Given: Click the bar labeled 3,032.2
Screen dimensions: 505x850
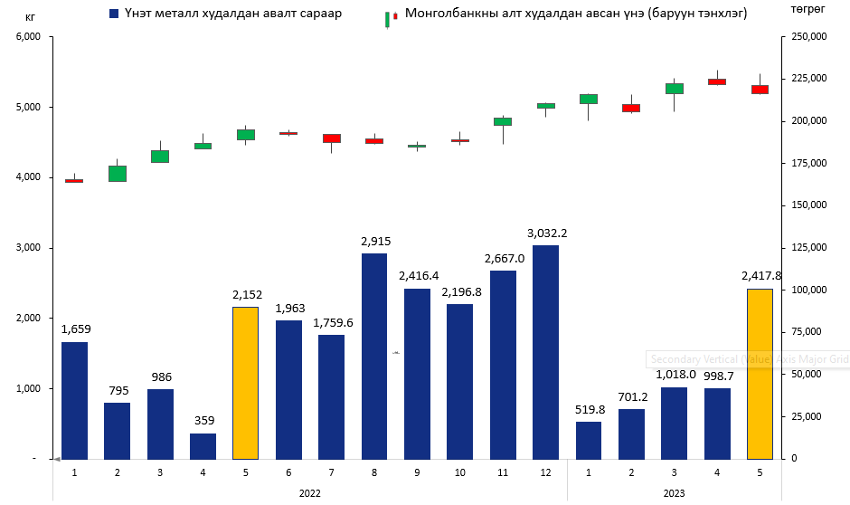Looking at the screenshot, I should click(545, 352).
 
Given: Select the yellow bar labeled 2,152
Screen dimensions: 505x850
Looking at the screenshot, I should click(246, 383).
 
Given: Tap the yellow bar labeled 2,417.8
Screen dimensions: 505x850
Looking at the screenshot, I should click(760, 374).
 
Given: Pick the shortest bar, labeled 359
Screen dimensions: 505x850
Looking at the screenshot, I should click(203, 446).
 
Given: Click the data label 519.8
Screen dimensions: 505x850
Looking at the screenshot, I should click(589, 409).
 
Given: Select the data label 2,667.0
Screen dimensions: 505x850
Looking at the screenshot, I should click(503, 258).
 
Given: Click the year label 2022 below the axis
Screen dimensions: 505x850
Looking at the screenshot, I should click(309, 493).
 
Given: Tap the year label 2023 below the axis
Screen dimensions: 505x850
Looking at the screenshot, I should click(674, 493).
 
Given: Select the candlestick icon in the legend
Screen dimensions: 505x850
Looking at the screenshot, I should click(391, 17).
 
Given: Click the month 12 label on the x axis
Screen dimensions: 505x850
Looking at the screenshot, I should click(545, 472).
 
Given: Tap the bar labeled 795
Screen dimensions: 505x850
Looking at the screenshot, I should click(118, 431).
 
